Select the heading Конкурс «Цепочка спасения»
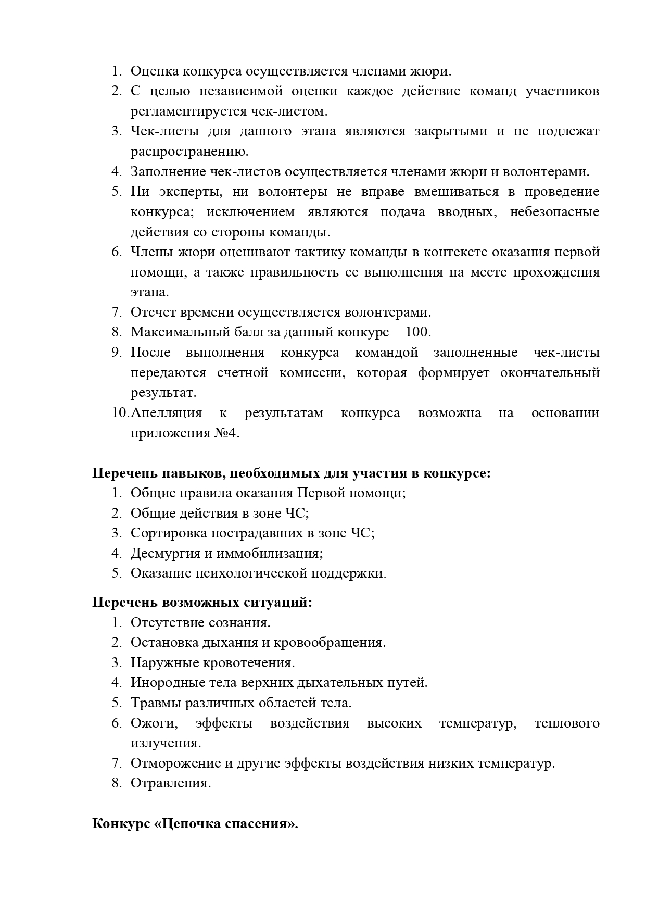coord(195,824)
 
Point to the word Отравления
coord(171,783)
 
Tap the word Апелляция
coord(167,413)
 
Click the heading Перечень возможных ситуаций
coord(202,603)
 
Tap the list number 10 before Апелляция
coord(120,413)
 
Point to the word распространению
coord(189,152)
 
